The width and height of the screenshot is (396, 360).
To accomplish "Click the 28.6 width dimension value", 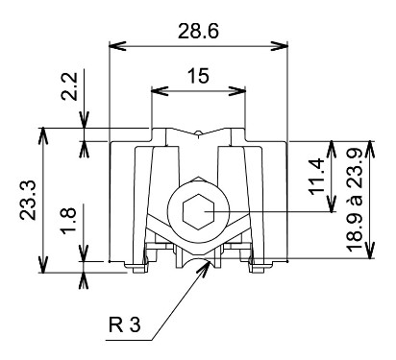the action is [198, 32].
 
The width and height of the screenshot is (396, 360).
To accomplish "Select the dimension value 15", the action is [198, 76].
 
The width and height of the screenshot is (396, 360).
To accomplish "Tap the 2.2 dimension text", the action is [69, 86].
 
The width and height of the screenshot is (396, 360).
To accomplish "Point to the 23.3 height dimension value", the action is [28, 201].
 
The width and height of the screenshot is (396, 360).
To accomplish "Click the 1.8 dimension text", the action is [69, 221].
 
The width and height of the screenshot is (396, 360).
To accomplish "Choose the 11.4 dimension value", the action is [317, 177].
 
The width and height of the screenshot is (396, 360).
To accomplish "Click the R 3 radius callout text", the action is [124, 324].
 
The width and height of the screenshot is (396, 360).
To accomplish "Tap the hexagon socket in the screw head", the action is [198, 211].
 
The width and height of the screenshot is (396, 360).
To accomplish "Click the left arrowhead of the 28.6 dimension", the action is [117, 46].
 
